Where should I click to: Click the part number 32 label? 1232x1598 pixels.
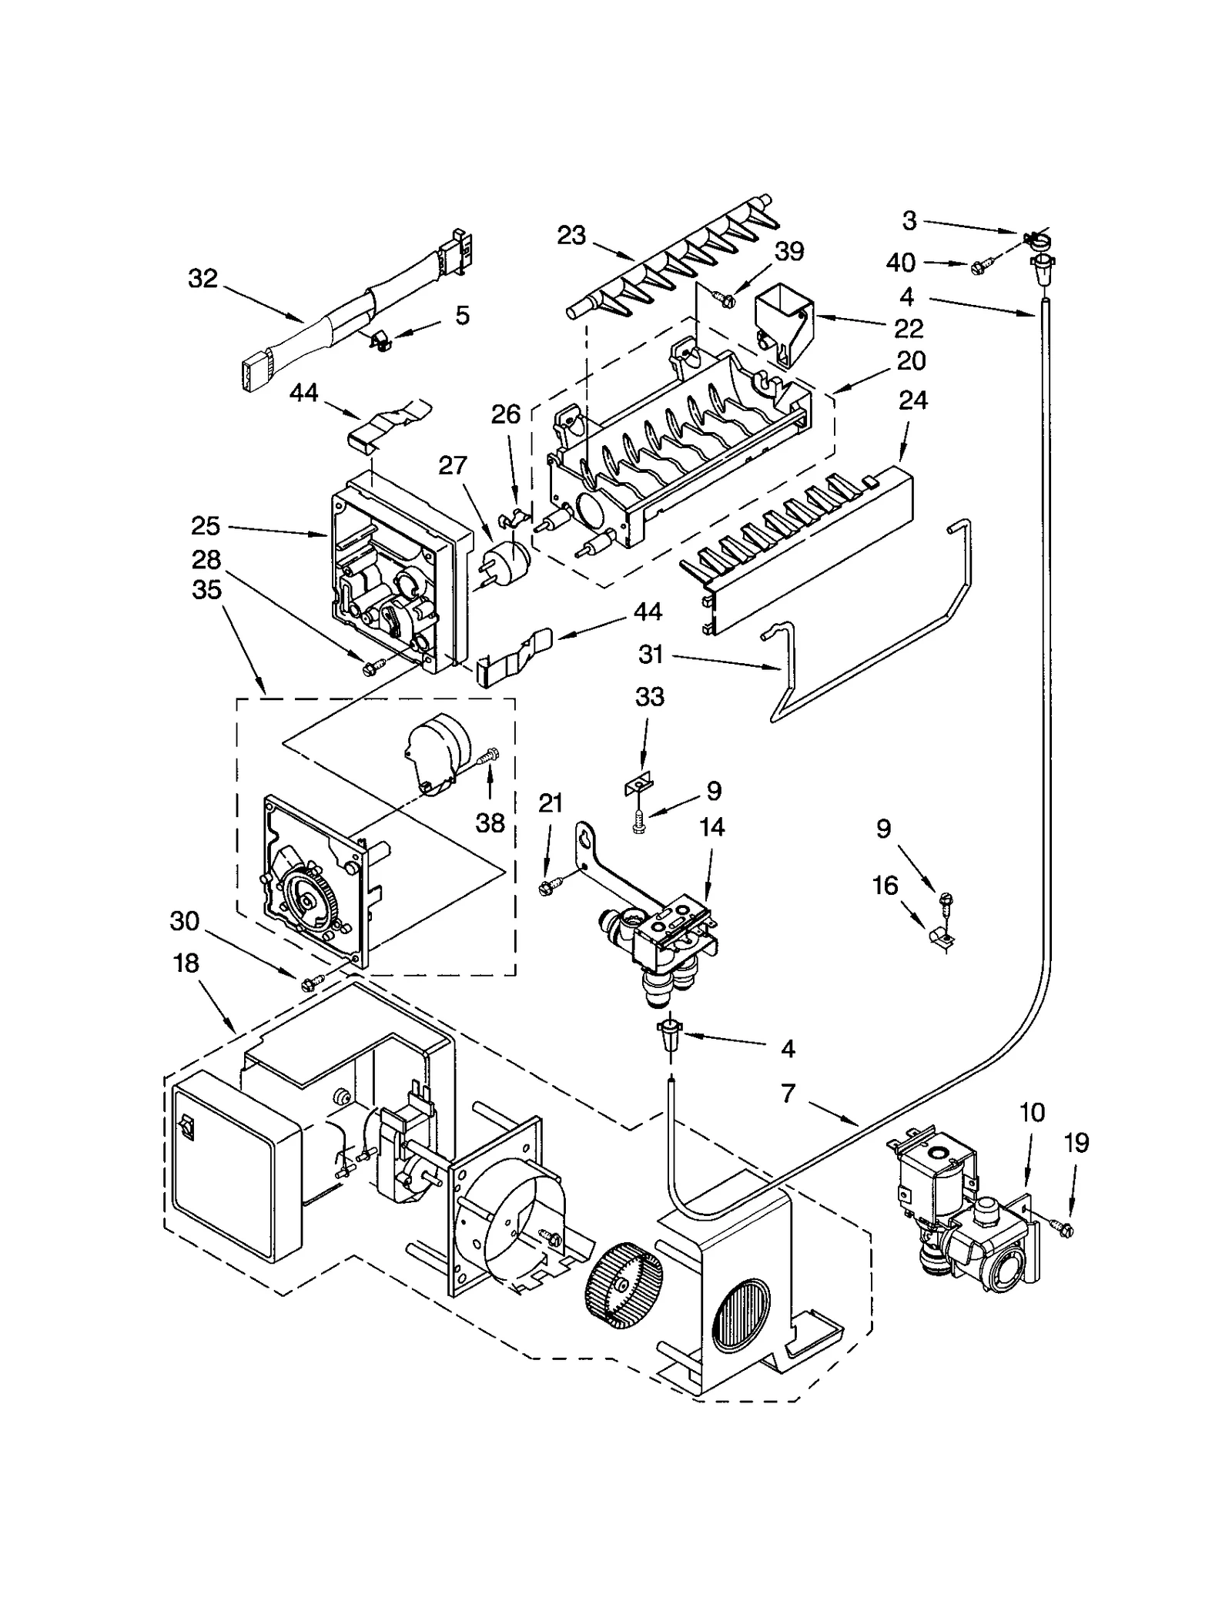pyautogui.click(x=203, y=279)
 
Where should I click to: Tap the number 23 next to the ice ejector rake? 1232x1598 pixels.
pyautogui.click(x=571, y=235)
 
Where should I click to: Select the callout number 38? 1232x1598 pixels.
pyautogui.click(x=490, y=823)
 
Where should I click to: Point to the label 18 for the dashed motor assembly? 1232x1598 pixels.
pyautogui.click(x=186, y=963)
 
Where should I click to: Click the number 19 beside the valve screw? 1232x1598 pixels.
pyautogui.click(x=1076, y=1143)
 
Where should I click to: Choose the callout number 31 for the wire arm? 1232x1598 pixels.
pyautogui.click(x=651, y=655)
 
